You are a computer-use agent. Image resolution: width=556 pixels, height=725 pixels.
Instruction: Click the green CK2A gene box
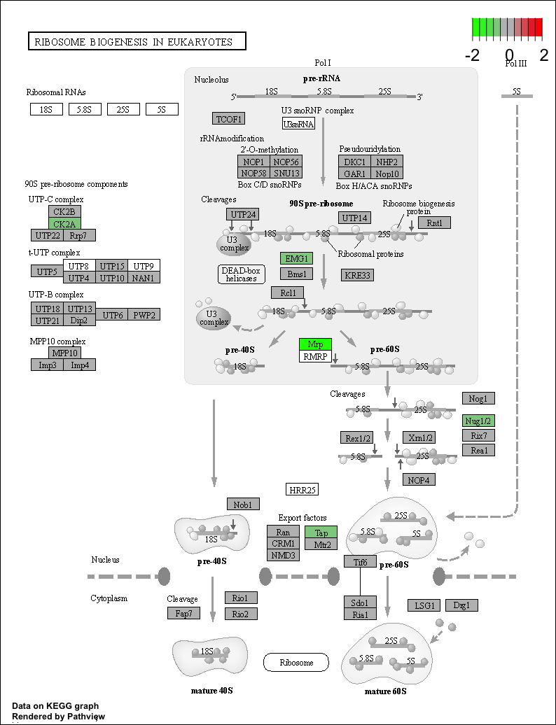[x=64, y=224]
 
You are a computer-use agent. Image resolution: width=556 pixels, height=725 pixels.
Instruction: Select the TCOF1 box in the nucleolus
[x=229, y=119]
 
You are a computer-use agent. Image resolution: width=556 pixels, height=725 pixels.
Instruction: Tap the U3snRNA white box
[x=298, y=123]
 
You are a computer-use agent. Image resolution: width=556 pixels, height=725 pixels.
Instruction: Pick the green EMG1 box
[x=296, y=258]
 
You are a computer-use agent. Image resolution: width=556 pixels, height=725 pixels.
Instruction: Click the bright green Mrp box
[x=316, y=344]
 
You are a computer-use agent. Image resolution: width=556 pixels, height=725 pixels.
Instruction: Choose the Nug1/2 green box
[x=479, y=421]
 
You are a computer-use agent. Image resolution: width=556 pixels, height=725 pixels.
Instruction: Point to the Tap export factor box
[x=321, y=532]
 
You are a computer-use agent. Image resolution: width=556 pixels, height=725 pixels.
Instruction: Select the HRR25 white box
[x=303, y=490]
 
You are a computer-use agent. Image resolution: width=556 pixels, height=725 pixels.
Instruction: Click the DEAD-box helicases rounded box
[x=242, y=274]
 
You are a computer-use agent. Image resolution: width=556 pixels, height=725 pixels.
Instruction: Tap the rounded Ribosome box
[x=296, y=662]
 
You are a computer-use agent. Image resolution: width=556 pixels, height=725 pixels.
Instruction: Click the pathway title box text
[x=133, y=42]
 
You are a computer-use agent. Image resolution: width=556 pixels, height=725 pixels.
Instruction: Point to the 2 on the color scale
[x=543, y=55]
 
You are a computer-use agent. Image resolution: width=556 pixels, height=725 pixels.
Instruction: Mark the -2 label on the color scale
[x=472, y=55]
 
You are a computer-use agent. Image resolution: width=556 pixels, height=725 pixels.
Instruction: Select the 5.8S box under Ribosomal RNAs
[x=85, y=109]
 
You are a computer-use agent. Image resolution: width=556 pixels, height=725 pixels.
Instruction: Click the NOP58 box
[x=253, y=173]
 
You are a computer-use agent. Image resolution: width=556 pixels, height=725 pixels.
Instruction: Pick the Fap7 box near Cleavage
[x=183, y=613]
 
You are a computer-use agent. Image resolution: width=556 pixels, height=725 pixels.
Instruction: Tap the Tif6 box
[x=361, y=561]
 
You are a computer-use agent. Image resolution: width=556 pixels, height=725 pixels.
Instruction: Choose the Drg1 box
[x=461, y=605]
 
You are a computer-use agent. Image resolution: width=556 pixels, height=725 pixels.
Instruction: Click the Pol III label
[x=516, y=64]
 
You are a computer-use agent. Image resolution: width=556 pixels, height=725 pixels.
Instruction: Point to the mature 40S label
[x=212, y=690]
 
